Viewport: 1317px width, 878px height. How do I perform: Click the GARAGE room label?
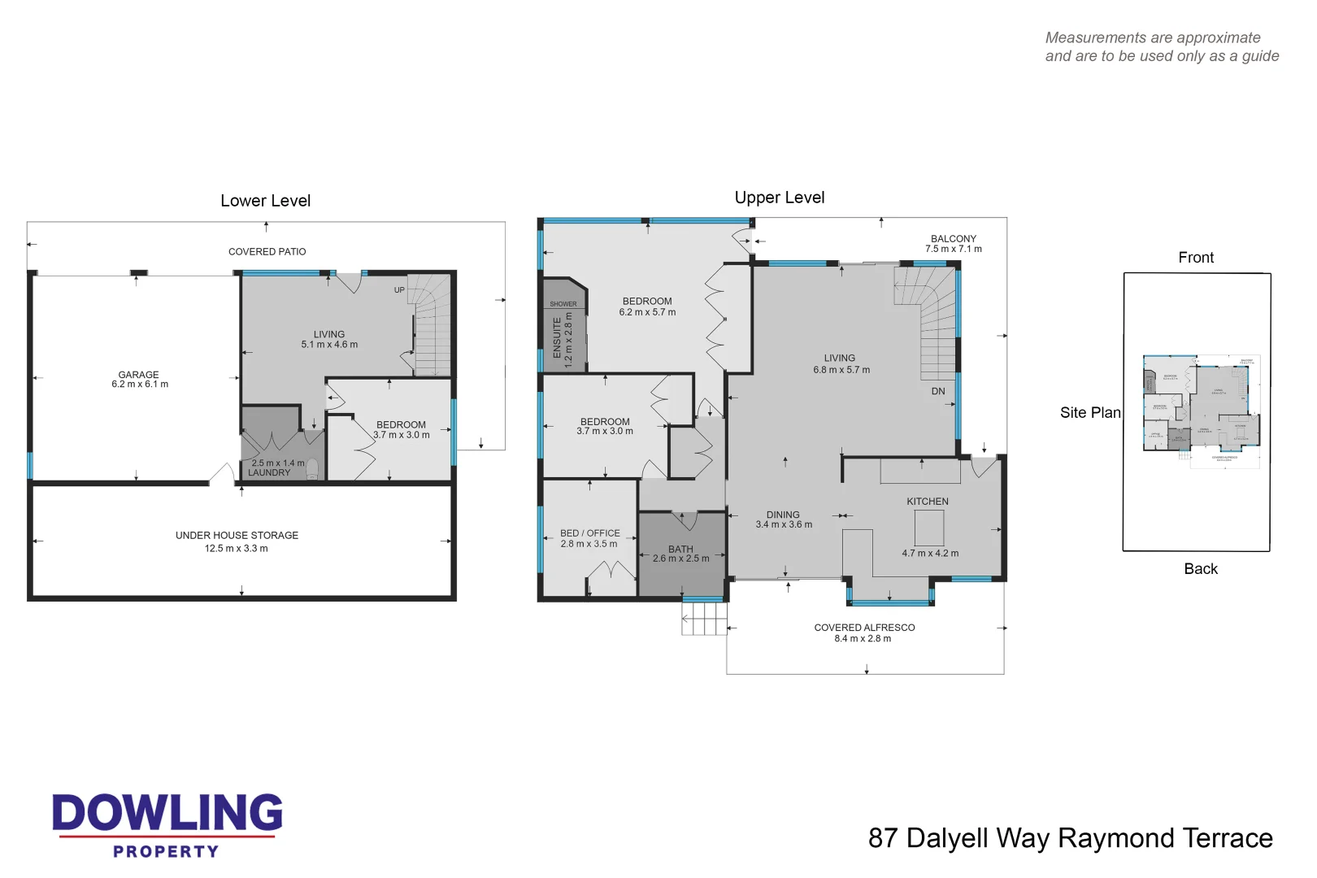click(x=139, y=375)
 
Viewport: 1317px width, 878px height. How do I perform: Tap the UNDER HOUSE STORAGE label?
click(x=237, y=535)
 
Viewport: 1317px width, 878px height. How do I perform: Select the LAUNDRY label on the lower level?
click(x=268, y=472)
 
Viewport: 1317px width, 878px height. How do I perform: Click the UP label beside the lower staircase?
click(x=399, y=290)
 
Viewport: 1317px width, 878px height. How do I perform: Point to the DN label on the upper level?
click(x=938, y=391)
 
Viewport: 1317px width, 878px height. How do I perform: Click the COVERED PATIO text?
click(x=267, y=252)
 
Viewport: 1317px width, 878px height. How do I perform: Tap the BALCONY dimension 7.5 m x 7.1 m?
click(x=953, y=250)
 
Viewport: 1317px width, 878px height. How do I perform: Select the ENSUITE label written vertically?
click(x=558, y=337)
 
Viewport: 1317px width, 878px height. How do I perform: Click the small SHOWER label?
click(x=563, y=304)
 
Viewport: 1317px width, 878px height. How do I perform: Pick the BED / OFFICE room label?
click(x=589, y=533)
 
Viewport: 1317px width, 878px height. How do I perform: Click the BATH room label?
click(x=680, y=549)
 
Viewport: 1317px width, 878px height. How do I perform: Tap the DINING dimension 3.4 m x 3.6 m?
click(x=784, y=525)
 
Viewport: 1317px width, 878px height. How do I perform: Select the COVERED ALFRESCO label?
click(x=864, y=628)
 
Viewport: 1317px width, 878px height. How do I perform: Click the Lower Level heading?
click(x=265, y=201)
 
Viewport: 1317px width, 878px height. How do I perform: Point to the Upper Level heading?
click(x=779, y=198)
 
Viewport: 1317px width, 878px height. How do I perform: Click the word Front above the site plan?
click(x=1195, y=258)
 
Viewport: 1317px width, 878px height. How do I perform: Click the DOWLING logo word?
click(x=167, y=813)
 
